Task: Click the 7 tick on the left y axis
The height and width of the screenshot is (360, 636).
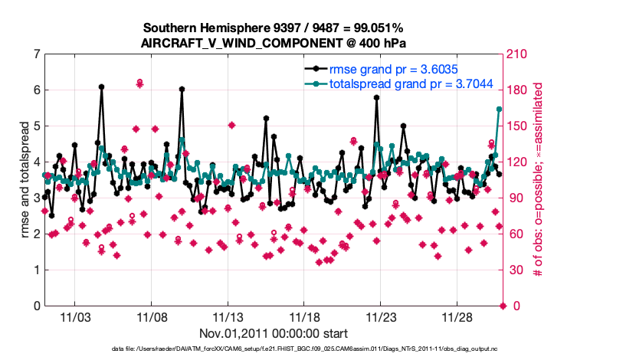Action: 36,54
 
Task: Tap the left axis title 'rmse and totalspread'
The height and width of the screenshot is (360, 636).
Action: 25,181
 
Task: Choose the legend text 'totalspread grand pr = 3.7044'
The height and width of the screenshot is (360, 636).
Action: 410,83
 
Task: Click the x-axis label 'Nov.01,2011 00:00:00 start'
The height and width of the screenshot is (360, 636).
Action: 274,333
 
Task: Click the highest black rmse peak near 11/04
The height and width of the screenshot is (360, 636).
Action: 101,87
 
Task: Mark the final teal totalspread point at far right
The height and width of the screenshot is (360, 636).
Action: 499,110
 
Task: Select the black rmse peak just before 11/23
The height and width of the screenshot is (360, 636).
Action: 377,98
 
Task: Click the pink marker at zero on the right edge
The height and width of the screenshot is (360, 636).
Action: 503,306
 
